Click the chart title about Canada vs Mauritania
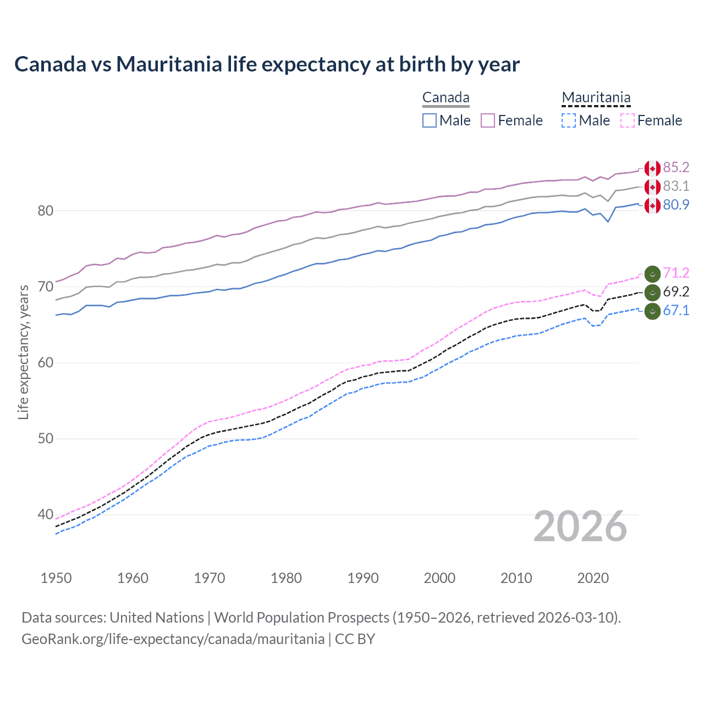[x=267, y=64]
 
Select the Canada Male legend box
[x=430, y=120]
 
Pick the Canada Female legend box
[x=488, y=120]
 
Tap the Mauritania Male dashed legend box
[x=569, y=120]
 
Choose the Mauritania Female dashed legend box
[x=627, y=120]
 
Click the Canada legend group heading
[x=446, y=98]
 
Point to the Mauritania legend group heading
[x=596, y=98]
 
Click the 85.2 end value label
[x=676, y=167]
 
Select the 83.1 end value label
[x=676, y=186]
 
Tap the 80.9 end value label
[x=676, y=205]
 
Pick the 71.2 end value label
[x=676, y=273]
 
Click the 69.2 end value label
[x=676, y=291]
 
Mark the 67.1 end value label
[x=676, y=310]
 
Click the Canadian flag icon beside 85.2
[x=652, y=168]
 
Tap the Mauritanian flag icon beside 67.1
[x=652, y=311]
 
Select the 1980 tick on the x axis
[x=286, y=578]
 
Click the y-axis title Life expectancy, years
[x=23, y=352]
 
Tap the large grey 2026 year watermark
[x=580, y=526]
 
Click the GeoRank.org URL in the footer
[x=173, y=639]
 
